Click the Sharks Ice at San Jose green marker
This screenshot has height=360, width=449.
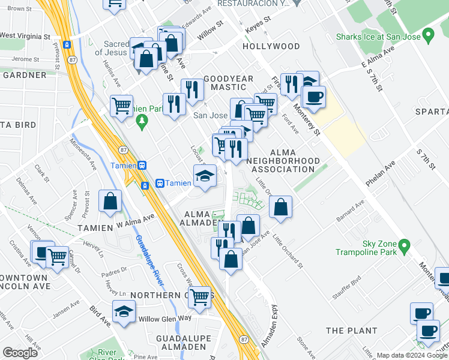coord(428,37)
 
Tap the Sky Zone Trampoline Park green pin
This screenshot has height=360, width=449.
coord(405,245)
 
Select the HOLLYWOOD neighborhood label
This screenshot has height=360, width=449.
coord(271,46)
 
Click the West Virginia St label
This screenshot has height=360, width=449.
coord(25,36)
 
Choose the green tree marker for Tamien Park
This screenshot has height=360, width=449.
coord(142,122)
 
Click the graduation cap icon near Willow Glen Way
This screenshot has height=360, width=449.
coord(124,311)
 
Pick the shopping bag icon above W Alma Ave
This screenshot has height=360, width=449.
coord(110,202)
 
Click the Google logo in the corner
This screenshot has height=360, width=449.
coord(20,352)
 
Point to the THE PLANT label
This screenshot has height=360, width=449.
coord(351,331)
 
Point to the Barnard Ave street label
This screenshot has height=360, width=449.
coord(350,211)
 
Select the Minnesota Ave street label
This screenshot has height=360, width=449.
coord(83,154)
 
